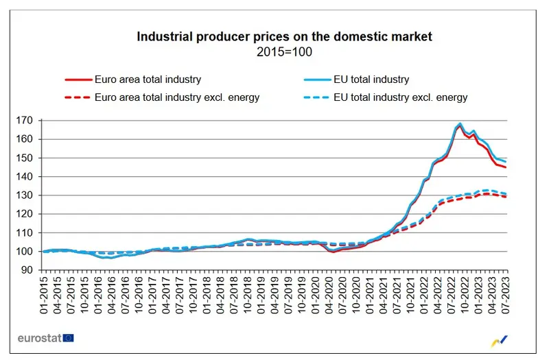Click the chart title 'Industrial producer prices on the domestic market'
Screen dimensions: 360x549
(285, 36)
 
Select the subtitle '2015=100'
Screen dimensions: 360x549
(285, 51)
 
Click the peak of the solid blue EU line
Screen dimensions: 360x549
(460, 124)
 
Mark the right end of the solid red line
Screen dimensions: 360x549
(506, 167)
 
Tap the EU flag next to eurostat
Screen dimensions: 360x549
(68, 338)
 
